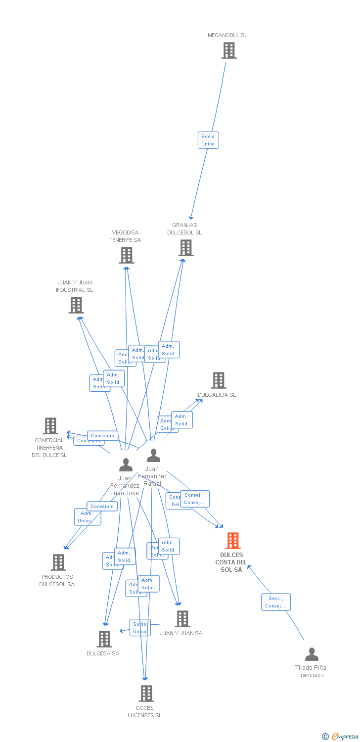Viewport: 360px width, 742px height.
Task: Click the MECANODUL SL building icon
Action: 228,50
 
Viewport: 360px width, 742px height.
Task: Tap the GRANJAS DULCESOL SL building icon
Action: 186,248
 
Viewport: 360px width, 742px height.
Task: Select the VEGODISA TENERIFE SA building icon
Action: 127,255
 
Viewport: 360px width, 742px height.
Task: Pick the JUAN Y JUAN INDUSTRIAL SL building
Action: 76,305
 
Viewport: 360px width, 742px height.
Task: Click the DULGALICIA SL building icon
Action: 219,380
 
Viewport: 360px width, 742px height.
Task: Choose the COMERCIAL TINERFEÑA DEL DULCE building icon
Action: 50,426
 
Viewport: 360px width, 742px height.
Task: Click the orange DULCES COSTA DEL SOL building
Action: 233,541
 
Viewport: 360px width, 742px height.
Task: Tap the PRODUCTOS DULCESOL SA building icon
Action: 58,562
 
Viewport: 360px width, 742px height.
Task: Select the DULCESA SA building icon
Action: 104,639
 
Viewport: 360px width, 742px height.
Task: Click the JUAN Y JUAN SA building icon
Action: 182,619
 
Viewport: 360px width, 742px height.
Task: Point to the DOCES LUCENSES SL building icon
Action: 146,694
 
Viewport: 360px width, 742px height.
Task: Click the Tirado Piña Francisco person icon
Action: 312,654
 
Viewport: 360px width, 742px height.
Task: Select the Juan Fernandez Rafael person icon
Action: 154,456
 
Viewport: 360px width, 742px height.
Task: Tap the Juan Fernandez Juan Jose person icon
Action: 126,465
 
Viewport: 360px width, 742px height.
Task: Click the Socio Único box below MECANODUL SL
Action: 208,140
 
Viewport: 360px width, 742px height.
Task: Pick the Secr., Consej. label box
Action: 276,602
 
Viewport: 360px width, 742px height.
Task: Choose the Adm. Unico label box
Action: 88,517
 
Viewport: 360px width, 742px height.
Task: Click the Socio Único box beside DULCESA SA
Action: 140,627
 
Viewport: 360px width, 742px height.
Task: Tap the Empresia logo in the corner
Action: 341,737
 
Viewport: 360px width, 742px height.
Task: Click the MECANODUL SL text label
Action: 227,35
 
